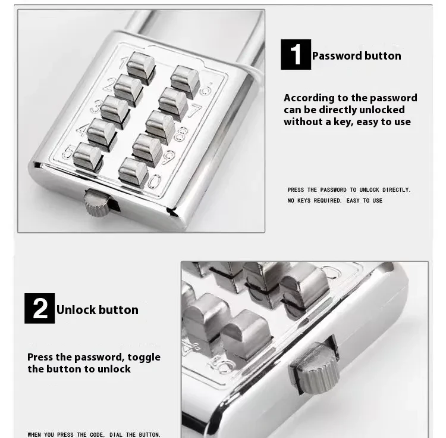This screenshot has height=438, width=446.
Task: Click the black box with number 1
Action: pyautogui.click(x=296, y=55)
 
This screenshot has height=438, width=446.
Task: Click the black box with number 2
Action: pyautogui.click(x=39, y=309)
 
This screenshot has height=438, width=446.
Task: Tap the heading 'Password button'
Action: pyautogui.click(x=356, y=56)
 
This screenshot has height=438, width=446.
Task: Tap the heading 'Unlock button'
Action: pyautogui.click(x=97, y=310)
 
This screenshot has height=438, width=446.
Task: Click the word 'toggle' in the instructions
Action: pyautogui.click(x=145, y=357)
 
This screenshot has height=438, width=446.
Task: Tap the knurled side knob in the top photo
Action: pyautogui.click(x=95, y=204)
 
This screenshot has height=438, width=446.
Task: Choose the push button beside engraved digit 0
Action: pyautogui.click(x=133, y=170)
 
